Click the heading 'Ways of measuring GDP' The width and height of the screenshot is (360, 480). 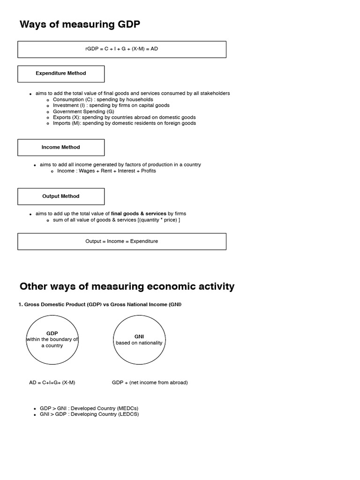point(80,24)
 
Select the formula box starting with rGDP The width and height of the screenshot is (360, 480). point(122,49)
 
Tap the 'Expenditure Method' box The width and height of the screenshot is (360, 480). point(61,74)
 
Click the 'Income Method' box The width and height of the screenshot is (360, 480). point(61,147)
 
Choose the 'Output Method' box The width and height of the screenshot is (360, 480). point(61,196)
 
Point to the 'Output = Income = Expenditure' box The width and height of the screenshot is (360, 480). point(122,241)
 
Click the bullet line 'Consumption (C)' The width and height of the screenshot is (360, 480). point(103,99)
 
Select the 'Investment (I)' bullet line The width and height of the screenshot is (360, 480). point(111,105)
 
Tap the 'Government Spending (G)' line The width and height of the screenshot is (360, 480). point(83,112)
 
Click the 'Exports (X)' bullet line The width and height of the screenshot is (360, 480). point(124,117)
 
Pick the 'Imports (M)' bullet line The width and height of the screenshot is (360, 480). point(124,123)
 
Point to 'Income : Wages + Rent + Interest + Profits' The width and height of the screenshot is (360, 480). point(106,171)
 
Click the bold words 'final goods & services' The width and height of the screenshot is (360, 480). point(138,214)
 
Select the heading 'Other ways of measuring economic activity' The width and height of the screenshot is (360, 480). point(127,286)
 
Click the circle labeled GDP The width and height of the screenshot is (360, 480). point(52,340)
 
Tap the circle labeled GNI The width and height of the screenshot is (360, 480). point(139,340)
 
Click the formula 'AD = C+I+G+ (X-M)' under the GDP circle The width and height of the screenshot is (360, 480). point(52,382)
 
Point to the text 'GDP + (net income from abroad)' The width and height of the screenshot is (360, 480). point(150,382)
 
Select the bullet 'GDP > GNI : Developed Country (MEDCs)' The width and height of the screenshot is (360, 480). point(89,408)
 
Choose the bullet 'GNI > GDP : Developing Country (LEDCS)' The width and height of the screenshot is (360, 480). point(89,414)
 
